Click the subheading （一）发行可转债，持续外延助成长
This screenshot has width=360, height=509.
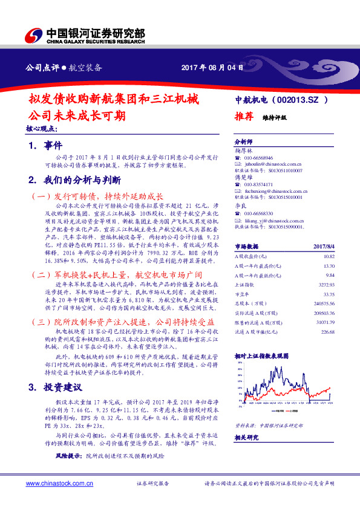click(96, 196)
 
